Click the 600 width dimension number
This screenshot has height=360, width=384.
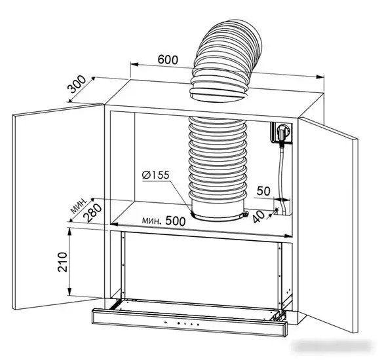tap(168, 59)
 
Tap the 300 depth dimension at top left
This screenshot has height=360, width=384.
tap(77, 86)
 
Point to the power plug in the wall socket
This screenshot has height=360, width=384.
tap(283, 134)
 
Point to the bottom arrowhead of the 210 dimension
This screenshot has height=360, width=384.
tap(71, 295)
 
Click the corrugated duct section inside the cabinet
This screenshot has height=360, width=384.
tap(216, 157)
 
